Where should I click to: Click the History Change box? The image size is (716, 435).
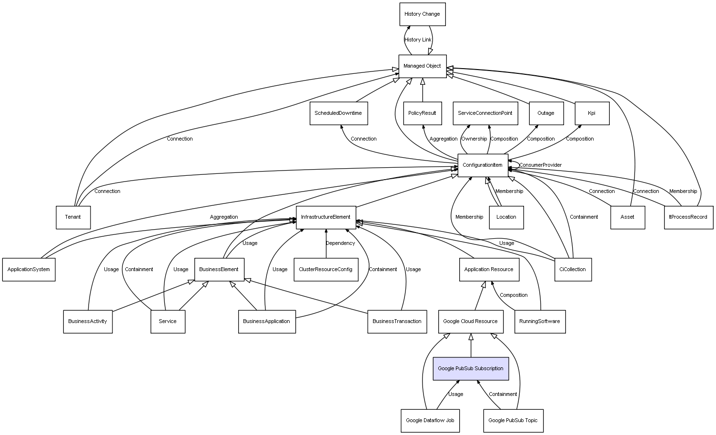click(422, 14)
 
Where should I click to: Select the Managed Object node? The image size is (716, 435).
click(422, 66)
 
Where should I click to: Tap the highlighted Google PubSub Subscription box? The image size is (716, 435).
click(471, 368)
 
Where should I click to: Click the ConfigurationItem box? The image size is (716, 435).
click(483, 165)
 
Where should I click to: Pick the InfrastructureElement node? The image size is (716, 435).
click(326, 217)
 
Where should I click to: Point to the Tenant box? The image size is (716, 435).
click(73, 217)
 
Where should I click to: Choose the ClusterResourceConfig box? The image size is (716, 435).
click(326, 270)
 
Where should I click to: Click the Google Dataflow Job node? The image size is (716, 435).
click(430, 421)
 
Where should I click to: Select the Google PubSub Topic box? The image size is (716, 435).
click(513, 421)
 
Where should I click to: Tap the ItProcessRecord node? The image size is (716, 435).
click(688, 217)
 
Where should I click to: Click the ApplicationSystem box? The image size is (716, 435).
click(29, 270)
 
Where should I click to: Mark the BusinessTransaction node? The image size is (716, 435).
click(397, 322)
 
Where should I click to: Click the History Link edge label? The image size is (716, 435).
click(418, 40)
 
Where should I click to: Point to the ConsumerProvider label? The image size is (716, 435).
click(540, 165)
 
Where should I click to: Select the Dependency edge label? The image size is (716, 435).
click(340, 243)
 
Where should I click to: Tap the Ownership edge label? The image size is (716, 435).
click(474, 139)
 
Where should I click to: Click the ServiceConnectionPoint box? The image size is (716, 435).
click(485, 113)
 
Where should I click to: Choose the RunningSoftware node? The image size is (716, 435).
click(540, 322)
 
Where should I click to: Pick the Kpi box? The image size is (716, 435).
click(592, 113)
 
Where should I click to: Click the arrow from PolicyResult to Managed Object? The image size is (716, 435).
click(423, 90)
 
